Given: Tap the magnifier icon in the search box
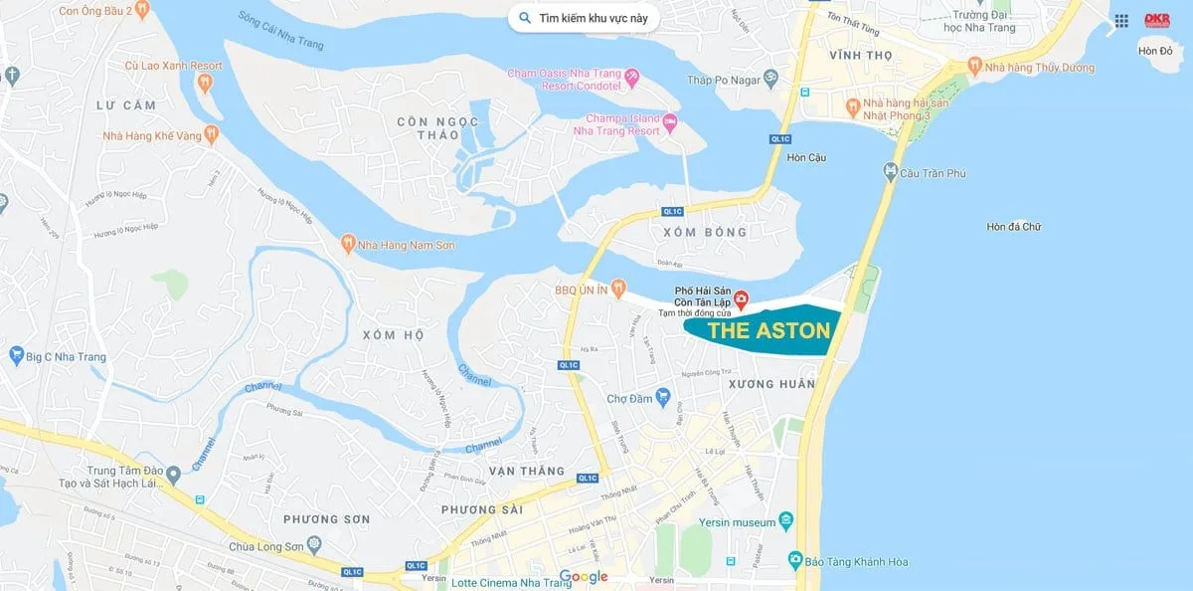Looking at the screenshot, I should click(525, 18).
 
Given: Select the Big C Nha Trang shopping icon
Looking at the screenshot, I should click(16, 355).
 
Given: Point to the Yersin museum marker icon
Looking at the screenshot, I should click(787, 520).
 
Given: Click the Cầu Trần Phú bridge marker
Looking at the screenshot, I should click(890, 173).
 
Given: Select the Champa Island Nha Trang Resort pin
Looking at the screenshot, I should click(670, 124).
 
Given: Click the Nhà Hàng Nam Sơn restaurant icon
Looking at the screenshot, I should click(347, 244).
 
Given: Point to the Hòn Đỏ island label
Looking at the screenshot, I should click(1156, 51).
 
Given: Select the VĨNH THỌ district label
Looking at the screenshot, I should click(862, 56).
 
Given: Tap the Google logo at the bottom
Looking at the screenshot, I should click(584, 577).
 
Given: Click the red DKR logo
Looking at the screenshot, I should click(1157, 20).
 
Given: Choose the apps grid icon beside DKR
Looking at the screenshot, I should click(1121, 20).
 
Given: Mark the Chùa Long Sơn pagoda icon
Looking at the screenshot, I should click(315, 544).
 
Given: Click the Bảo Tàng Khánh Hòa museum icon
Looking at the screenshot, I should click(794, 561).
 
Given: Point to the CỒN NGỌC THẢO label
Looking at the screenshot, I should click(437, 128).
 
